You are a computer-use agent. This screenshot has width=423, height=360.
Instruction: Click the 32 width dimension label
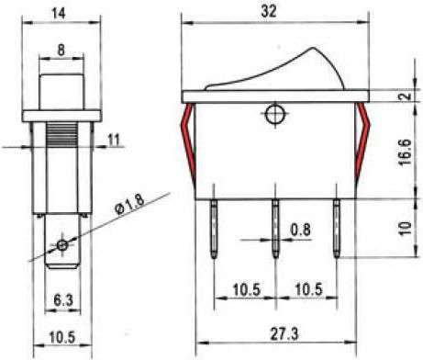pyautogui.click(x=269, y=12)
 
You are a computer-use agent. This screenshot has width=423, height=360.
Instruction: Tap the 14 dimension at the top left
pyautogui.click(x=59, y=14)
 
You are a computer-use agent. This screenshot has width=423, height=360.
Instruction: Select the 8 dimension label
pyautogui.click(x=61, y=51)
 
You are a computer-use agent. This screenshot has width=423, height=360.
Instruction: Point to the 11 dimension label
pyautogui.click(x=114, y=140)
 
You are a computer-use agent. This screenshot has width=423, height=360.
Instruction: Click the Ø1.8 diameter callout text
pyautogui.click(x=129, y=203)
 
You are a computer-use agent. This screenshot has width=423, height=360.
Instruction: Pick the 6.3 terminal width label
pyautogui.click(x=63, y=300)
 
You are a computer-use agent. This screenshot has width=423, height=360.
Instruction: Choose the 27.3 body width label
pyautogui.click(x=284, y=333)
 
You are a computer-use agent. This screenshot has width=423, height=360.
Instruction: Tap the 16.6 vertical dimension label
pyautogui.click(x=405, y=152)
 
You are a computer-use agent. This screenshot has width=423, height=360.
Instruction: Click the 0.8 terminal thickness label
pyautogui.click(x=300, y=230)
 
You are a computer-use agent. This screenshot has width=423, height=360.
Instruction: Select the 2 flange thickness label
pyautogui.click(x=406, y=96)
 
